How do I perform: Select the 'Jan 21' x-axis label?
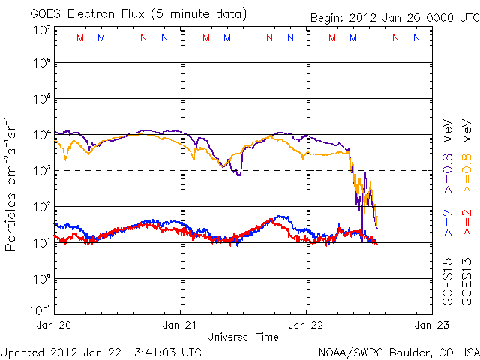click(x=181, y=325)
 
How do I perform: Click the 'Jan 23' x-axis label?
click(x=428, y=325)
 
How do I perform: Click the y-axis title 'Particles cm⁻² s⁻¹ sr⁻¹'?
click(x=12, y=184)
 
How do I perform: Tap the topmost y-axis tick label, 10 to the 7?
click(x=41, y=29)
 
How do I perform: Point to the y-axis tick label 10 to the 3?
click(x=41, y=170)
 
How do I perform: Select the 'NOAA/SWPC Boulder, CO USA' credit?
click(x=398, y=352)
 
